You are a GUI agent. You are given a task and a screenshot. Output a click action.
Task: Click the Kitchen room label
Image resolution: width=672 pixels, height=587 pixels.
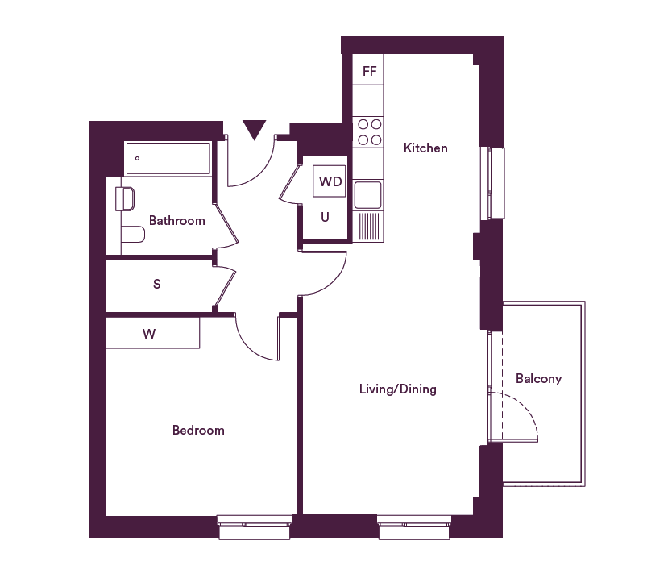pos(425,148)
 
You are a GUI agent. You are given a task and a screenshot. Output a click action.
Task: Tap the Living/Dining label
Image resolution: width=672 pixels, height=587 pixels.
pos(398,389)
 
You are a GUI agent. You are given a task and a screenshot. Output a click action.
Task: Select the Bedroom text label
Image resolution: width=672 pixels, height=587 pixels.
pos(198,430)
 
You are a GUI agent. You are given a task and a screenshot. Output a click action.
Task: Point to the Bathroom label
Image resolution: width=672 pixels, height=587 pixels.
pos(177,220)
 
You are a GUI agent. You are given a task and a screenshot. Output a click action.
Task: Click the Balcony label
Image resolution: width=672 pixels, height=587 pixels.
pos(539,379)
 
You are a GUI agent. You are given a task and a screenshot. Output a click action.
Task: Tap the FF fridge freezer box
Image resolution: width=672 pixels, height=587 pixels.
pos(368,69)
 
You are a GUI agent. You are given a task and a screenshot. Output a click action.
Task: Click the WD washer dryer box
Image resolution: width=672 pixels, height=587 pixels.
pos(329,181)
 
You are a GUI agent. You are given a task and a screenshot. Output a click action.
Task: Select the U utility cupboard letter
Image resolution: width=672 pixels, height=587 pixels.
pos(325,217)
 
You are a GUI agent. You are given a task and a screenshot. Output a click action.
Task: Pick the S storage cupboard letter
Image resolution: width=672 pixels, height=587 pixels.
pos(157,284)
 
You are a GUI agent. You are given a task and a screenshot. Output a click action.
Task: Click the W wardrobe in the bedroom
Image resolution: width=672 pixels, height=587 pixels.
pos(152,333)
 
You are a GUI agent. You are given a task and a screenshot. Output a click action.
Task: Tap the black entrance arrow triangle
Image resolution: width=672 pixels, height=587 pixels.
pos(254,130)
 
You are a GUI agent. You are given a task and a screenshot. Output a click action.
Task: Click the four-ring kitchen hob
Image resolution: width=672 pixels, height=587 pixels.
pos(368,132)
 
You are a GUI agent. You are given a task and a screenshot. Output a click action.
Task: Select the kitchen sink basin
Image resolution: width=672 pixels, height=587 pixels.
pos(367,194)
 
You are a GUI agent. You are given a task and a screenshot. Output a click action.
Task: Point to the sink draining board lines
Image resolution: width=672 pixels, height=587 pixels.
pos(368,227)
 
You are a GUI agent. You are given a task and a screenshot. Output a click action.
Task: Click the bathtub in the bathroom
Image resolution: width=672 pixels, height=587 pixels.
pos(168,158)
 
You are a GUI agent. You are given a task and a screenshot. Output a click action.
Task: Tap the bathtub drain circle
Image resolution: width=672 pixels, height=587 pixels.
pos(137,158)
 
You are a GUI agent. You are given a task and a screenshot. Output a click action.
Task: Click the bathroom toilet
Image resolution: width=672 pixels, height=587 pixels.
pos(133,234)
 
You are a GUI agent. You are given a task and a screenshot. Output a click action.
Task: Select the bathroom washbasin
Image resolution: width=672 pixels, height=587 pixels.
pos(125,199)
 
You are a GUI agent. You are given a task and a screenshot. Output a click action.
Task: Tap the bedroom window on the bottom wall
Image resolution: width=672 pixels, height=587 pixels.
pos(255,527)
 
